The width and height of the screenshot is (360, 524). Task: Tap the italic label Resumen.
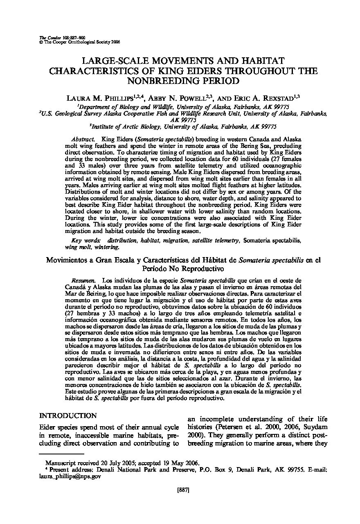click(x=83, y=281)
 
